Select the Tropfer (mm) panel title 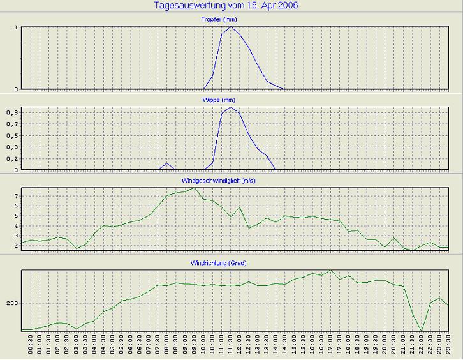pyautogui.click(x=231, y=20)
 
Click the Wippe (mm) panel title pyautogui.click(x=231, y=100)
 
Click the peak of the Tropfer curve pyautogui.click(x=231, y=27)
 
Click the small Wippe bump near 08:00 pyautogui.click(x=167, y=163)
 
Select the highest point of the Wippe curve pyautogui.click(x=231, y=107)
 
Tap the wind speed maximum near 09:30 pyautogui.click(x=194, y=188)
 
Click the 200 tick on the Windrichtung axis pyautogui.click(x=11, y=303)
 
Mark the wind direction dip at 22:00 pyautogui.click(x=422, y=331)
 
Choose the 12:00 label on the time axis pyautogui.click(x=240, y=345)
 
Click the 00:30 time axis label pyautogui.click(x=31, y=345)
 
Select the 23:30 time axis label pyautogui.click(x=448, y=345)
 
